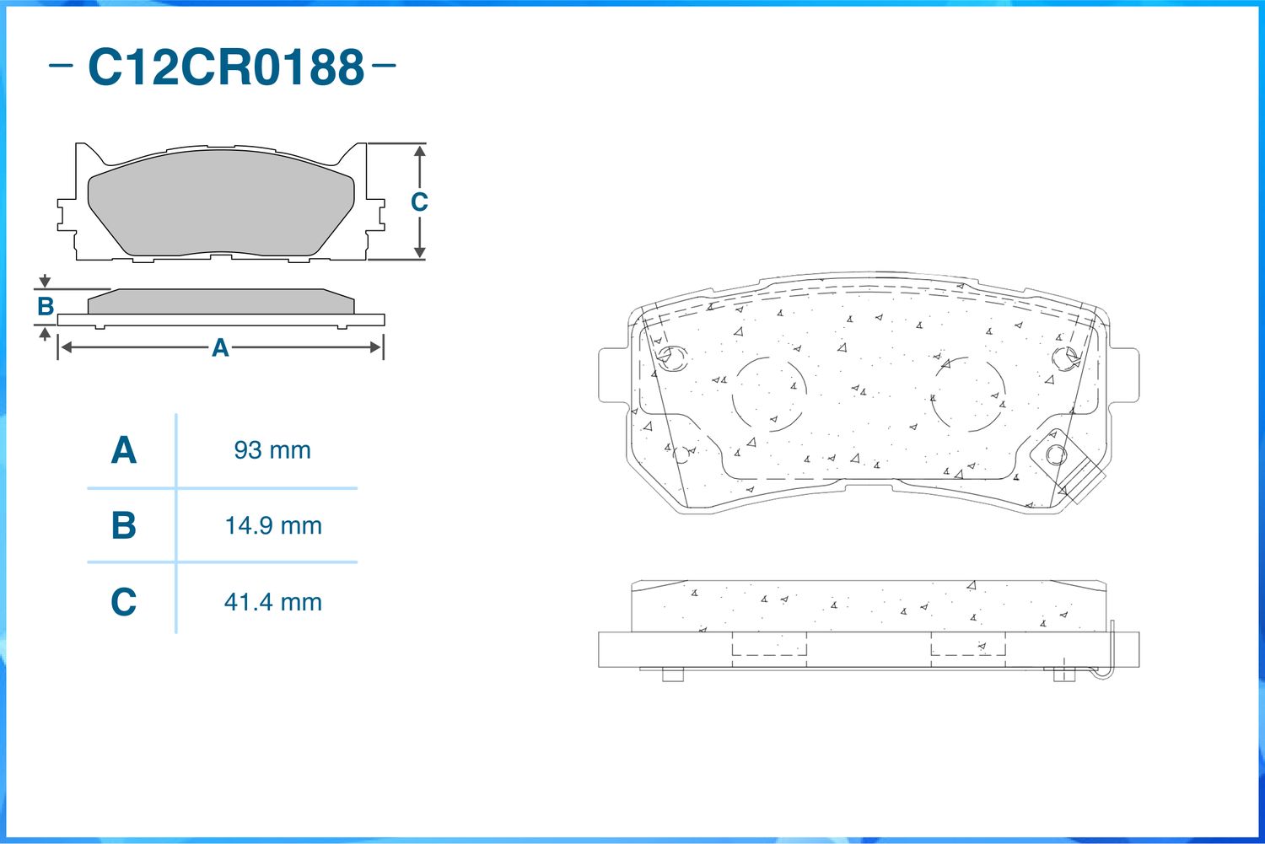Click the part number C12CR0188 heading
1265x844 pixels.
[x=225, y=67]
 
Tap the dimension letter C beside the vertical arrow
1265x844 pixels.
[x=419, y=202]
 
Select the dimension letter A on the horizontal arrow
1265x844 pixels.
[x=220, y=347]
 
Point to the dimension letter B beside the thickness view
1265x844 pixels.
[x=46, y=307]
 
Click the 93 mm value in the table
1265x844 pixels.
[x=272, y=450]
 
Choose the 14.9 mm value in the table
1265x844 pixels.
[x=272, y=526]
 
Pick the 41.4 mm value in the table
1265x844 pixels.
[x=272, y=602]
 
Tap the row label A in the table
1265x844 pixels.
[x=124, y=450]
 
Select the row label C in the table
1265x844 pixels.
[x=124, y=602]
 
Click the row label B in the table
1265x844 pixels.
[x=124, y=526]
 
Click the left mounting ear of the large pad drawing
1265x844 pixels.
[x=613, y=375]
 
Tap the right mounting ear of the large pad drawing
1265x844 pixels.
[x=1124, y=375]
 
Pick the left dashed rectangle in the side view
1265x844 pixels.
[x=769, y=644]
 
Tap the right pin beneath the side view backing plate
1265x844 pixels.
[x=1063, y=675]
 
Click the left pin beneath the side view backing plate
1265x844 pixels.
[x=672, y=675]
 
